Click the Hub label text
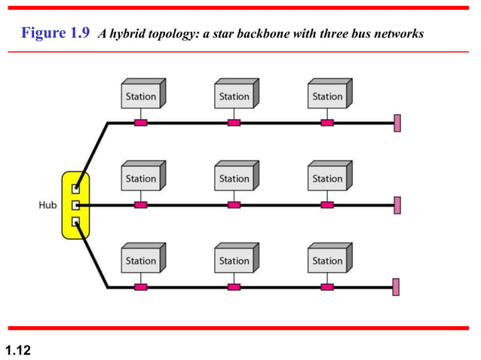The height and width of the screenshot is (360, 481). (x=47, y=205)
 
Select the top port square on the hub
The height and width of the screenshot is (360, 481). (x=75, y=188)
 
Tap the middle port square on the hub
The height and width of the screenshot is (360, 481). (x=75, y=205)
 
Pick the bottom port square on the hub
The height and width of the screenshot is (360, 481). (x=75, y=221)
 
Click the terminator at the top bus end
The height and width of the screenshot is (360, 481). (x=397, y=123)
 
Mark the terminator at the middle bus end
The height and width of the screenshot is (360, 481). (x=397, y=205)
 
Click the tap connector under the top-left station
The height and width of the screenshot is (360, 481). (x=140, y=123)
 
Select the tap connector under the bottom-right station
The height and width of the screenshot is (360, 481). (x=327, y=287)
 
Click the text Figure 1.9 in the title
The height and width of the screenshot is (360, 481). (x=57, y=34)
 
